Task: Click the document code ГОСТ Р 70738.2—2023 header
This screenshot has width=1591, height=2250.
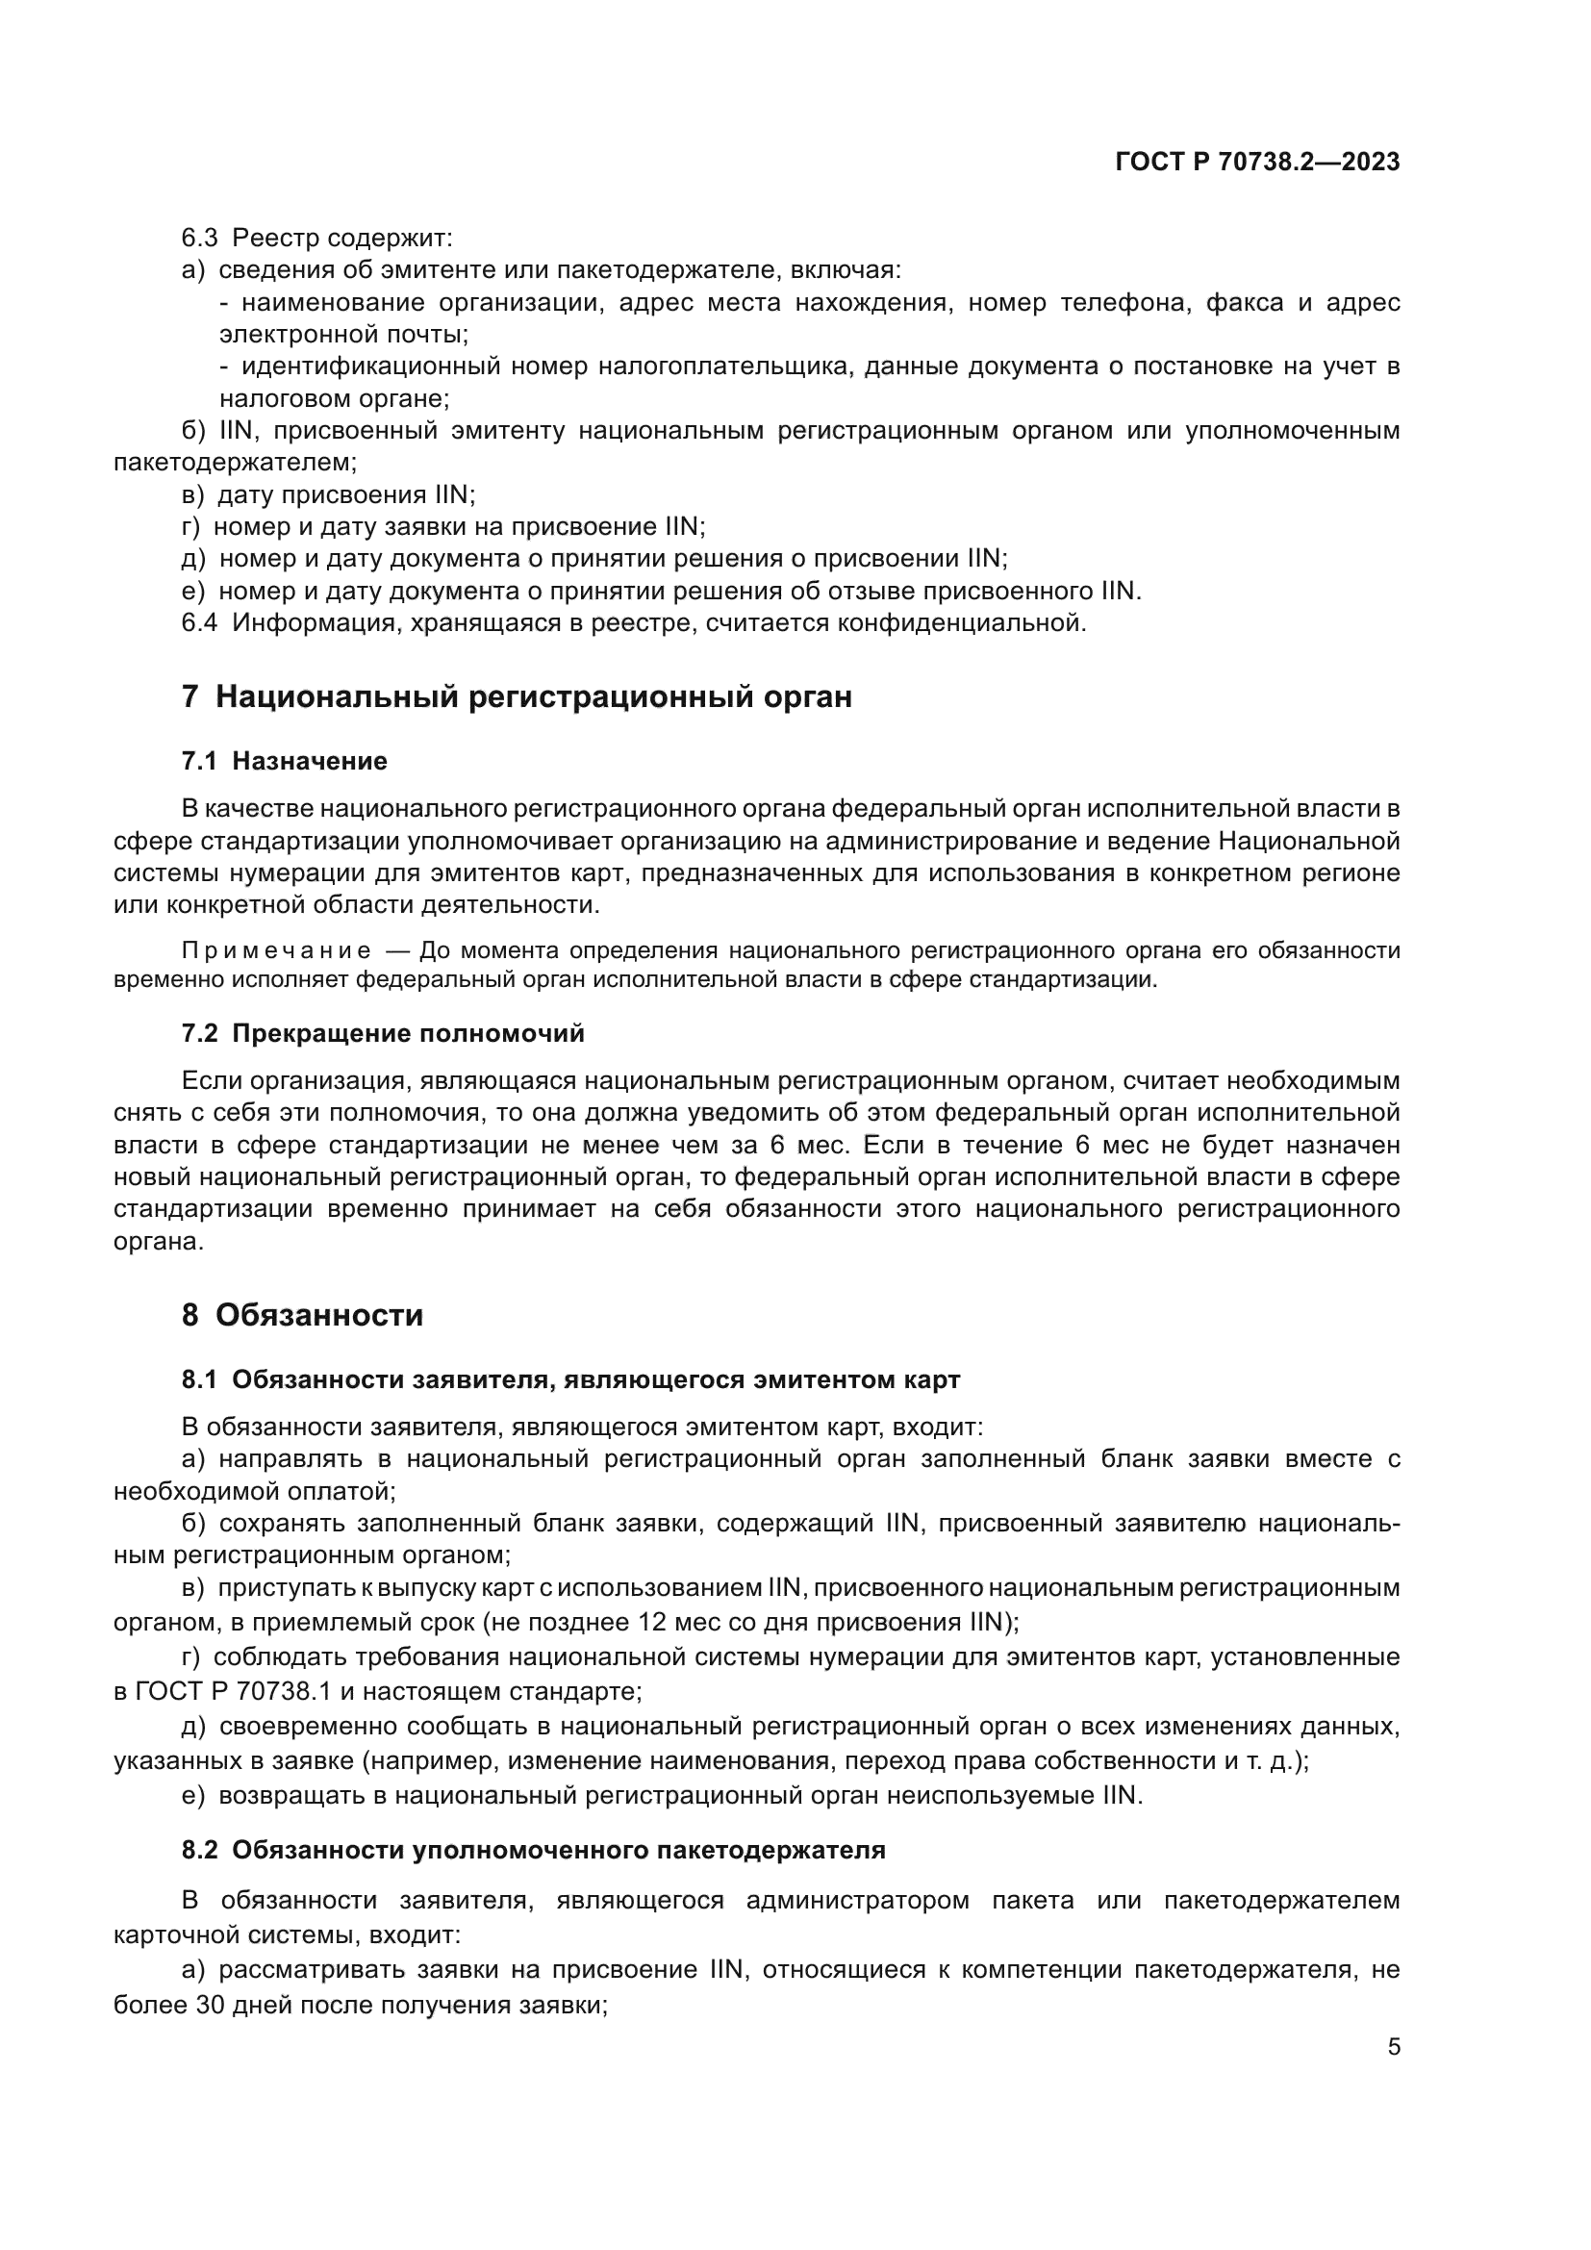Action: (x=1257, y=163)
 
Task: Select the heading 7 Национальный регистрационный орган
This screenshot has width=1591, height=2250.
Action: (x=517, y=696)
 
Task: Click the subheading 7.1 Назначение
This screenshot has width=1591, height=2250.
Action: (x=284, y=762)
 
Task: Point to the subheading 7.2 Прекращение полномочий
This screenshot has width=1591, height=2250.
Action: (x=382, y=1034)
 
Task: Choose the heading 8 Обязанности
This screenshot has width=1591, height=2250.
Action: (x=302, y=1315)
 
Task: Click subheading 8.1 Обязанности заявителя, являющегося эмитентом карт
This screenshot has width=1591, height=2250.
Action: (x=570, y=1379)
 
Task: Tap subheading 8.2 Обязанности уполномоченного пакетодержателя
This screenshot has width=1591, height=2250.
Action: (x=533, y=1850)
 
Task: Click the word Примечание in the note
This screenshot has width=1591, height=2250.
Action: (x=276, y=950)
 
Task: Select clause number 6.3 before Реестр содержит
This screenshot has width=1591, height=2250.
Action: (x=199, y=239)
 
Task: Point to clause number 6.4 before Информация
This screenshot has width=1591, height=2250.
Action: (x=199, y=623)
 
